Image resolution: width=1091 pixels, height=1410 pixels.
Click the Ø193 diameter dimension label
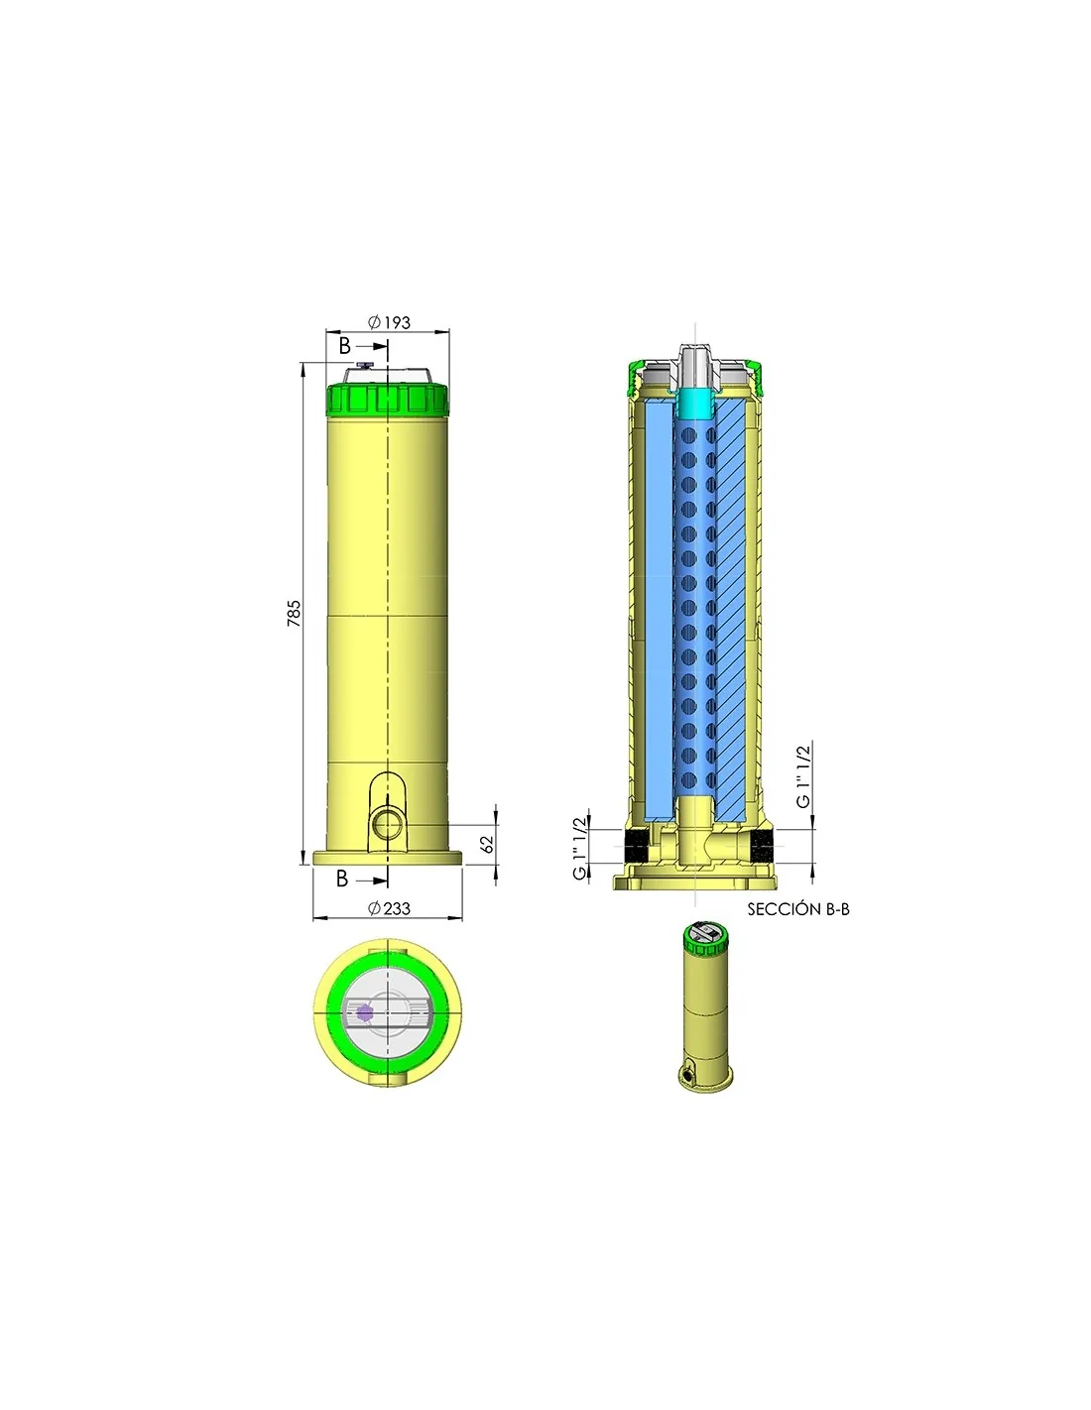click(x=389, y=322)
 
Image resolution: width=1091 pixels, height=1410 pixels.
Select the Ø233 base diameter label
click(x=389, y=908)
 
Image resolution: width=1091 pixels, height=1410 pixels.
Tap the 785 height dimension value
click(x=294, y=613)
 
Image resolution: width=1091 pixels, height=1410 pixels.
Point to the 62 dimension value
click(x=487, y=844)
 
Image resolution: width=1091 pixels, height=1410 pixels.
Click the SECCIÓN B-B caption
click(x=797, y=909)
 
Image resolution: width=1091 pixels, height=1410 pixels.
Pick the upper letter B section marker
click(x=344, y=346)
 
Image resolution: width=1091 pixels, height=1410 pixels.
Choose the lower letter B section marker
click(x=342, y=879)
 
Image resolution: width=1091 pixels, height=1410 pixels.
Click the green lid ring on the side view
click(x=388, y=399)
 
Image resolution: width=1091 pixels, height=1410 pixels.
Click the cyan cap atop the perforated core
click(x=694, y=403)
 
